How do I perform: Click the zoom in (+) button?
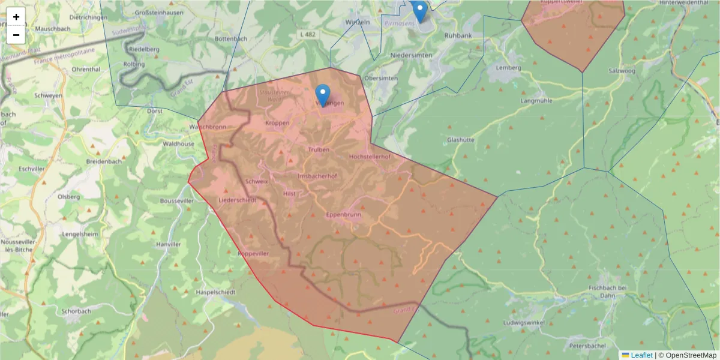tap(16, 17)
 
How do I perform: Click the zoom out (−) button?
tap(16, 35)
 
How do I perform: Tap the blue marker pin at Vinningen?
tap(323, 95)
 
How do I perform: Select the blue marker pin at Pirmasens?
tap(420, 11)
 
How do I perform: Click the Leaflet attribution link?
tap(641, 355)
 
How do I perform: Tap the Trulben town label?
tap(319, 149)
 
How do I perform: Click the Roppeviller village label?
tap(253, 254)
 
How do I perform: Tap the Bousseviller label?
tap(178, 202)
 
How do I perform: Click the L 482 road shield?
tap(307, 35)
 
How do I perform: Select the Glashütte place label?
tap(461, 139)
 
